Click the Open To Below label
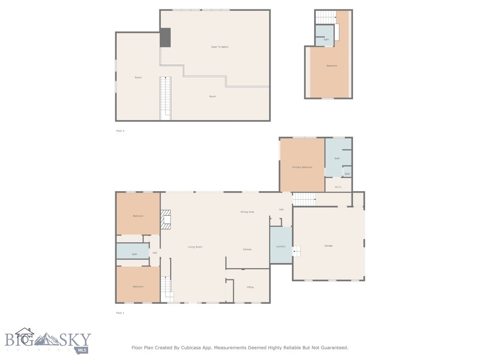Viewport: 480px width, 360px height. pos(219,47)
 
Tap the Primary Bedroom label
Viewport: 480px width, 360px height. pos(302,167)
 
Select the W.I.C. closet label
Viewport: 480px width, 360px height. pos(338,187)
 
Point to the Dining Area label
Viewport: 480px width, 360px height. pos(247,212)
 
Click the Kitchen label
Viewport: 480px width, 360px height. pos(247,249)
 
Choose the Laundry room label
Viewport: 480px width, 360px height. pos(281,246)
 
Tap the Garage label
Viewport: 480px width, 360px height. pos(329,246)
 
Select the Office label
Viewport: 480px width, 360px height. pos(250,287)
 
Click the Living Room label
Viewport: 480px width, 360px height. pos(195,247)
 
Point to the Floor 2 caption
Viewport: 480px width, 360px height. pos(120,131)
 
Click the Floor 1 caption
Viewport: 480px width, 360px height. pos(120,313)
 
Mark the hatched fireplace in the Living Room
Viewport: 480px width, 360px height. pos(166,219)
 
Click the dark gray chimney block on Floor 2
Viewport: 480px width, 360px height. pos(165,37)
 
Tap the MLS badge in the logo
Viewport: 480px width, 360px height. pos(83,350)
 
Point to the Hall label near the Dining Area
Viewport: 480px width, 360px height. pos(281,210)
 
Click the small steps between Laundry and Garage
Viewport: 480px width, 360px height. pos(296,251)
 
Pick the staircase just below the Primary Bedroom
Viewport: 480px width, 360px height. pos(304,200)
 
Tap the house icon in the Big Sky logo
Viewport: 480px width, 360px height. pos(24,335)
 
